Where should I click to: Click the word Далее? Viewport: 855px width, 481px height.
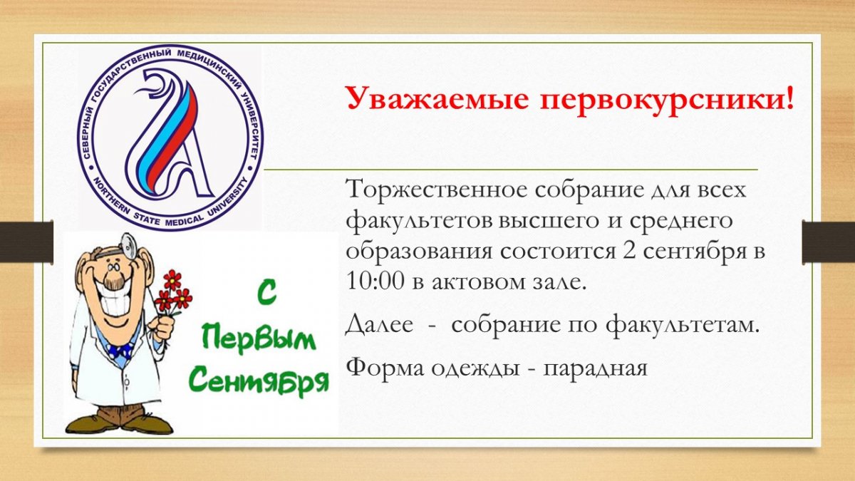pos(379,325)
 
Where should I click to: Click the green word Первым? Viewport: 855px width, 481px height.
pos(259,338)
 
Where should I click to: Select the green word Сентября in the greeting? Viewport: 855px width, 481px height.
pos(261,381)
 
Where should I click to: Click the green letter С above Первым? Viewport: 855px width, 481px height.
pos(260,293)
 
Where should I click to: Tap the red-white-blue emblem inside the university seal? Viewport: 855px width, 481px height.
pos(168,137)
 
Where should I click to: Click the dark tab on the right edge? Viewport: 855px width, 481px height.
pos(828,242)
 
